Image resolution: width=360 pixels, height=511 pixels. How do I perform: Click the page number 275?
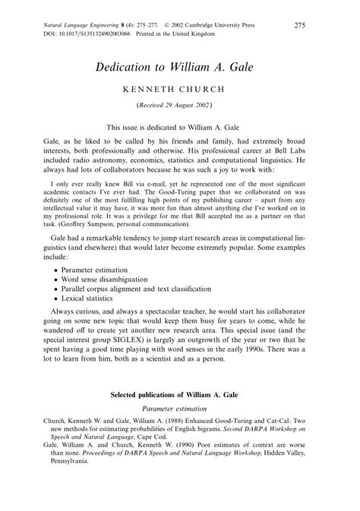[299, 26]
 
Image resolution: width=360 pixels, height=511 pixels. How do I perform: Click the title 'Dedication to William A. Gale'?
[180, 67]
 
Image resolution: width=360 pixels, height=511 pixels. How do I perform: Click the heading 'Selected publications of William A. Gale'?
[180, 395]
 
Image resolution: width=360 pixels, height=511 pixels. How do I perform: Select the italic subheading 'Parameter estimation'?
[180, 408]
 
